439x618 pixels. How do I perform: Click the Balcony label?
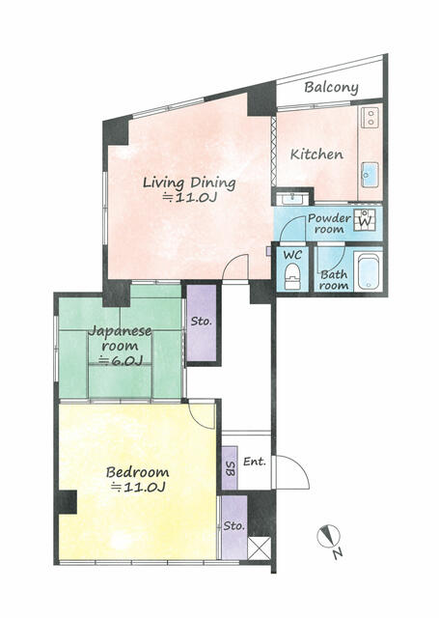[x=331, y=88]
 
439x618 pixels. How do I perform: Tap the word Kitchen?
[x=316, y=154]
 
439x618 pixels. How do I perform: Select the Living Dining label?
[x=189, y=183]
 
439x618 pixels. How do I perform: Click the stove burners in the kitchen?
[x=370, y=117]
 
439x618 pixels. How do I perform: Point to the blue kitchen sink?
[x=370, y=175]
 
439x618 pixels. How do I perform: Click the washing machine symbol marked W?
[x=365, y=220]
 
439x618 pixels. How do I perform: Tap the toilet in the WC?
[x=292, y=276]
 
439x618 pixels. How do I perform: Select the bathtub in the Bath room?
[x=369, y=270]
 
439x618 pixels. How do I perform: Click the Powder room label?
[x=329, y=223]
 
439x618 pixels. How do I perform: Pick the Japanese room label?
[x=120, y=339]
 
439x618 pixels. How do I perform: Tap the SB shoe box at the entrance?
[x=230, y=468]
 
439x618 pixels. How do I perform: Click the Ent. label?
[x=255, y=462]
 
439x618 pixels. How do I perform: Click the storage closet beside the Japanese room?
[x=202, y=323]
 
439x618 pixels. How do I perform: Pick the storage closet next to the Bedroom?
[x=233, y=527]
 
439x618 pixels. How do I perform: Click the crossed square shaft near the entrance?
[x=260, y=548]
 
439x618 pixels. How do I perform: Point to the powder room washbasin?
[x=292, y=199]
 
